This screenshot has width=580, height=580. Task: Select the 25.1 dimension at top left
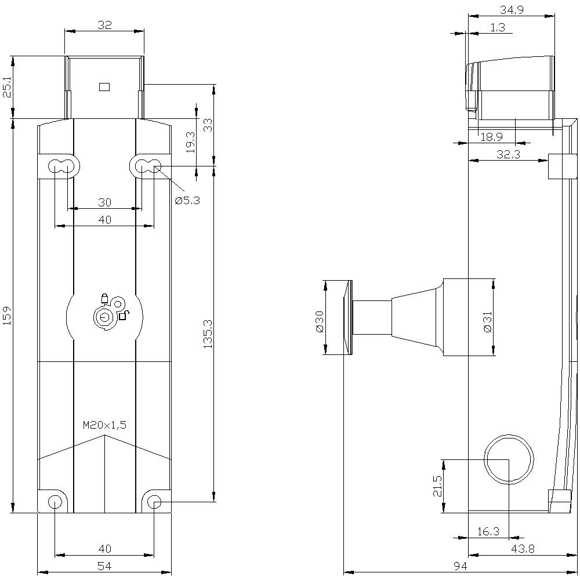7,87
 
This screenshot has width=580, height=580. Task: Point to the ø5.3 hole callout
187,200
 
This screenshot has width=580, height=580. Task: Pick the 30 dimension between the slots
104,202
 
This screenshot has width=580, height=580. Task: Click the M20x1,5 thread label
104,425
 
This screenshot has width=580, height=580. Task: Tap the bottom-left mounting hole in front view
55,502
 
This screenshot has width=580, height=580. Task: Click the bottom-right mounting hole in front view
154,502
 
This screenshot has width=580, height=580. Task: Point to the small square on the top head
104,87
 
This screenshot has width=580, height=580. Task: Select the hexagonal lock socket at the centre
104,317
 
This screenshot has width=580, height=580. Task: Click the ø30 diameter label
318,321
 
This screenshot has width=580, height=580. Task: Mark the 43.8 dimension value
523,548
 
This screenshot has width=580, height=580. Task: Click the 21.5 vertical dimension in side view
437,486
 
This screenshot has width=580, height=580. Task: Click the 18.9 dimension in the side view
491,137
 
